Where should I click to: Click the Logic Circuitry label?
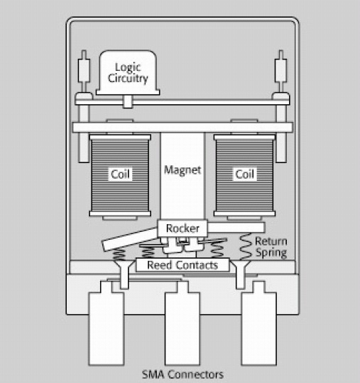tap(128, 73)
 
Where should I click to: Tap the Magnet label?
tap(182, 170)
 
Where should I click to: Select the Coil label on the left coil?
tap(120, 174)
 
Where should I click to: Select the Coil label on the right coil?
tap(244, 174)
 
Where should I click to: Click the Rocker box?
tap(182, 228)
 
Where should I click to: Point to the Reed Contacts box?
tap(182, 265)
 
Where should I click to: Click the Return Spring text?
tap(271, 248)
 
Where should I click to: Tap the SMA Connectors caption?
tap(182, 374)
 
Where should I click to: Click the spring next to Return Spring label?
tap(245, 246)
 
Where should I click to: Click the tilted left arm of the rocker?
tap(131, 240)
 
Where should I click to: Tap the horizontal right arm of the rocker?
tap(236, 228)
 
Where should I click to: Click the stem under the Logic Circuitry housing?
tap(128, 101)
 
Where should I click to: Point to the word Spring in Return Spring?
tap(271, 252)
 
